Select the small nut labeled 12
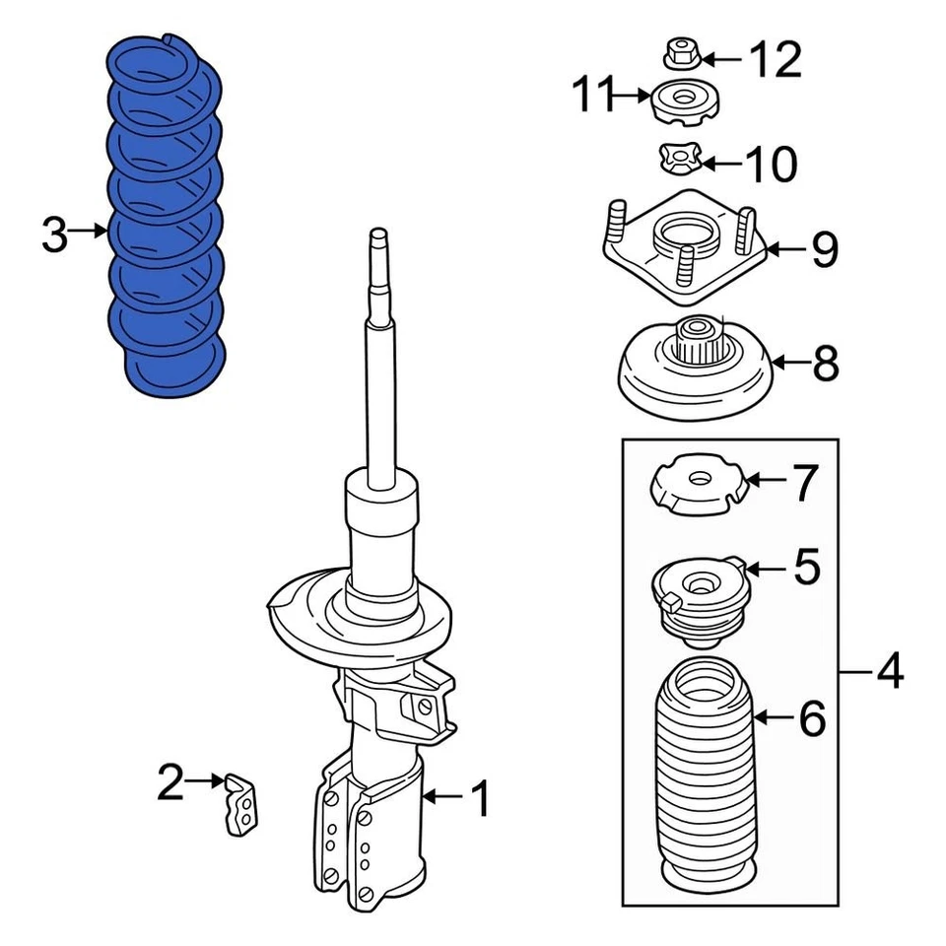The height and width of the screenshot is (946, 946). [681, 54]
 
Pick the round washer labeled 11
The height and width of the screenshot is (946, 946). [686, 102]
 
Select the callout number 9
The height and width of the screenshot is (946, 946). [824, 250]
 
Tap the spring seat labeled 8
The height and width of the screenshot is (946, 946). [695, 370]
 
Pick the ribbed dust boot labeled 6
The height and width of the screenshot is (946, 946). [701, 769]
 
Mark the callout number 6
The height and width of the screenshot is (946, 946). [811, 720]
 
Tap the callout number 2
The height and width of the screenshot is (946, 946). [169, 783]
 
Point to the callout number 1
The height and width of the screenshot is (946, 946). [479, 799]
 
